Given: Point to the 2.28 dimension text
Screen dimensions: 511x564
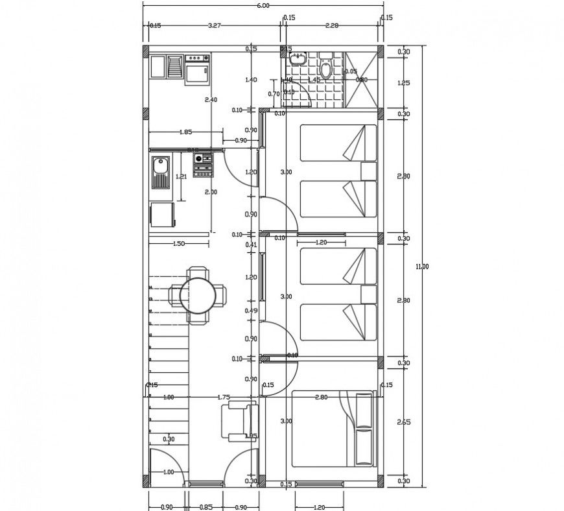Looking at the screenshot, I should point(331,26).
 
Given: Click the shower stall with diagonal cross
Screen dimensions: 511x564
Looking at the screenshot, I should point(360,77).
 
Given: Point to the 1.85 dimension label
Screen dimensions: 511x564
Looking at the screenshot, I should point(185,132).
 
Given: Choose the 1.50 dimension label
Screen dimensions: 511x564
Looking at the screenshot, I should point(178,243).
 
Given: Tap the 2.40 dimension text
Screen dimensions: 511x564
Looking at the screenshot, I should point(210,100).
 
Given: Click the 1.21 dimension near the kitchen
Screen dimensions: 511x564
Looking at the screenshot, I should point(182,176).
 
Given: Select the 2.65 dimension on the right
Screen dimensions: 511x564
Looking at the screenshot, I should point(404,421).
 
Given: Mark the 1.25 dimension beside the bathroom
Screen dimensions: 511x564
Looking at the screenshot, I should point(404,83).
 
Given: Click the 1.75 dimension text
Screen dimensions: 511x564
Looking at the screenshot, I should point(224,397).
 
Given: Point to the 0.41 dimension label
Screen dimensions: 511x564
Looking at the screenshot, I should point(252,244).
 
